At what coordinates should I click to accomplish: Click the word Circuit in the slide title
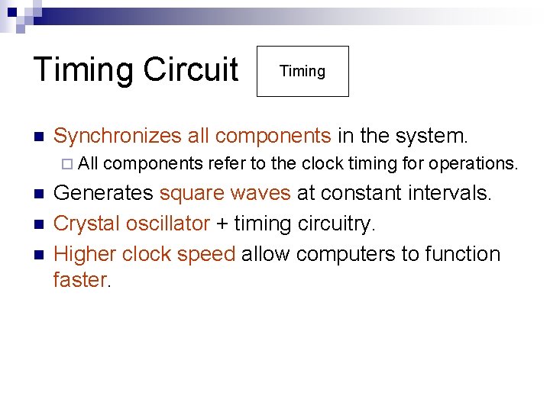coord(190,69)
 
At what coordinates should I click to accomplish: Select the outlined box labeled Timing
coord(302,72)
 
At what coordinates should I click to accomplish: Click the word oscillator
coord(165,224)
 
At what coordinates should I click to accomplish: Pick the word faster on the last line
coord(80,280)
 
